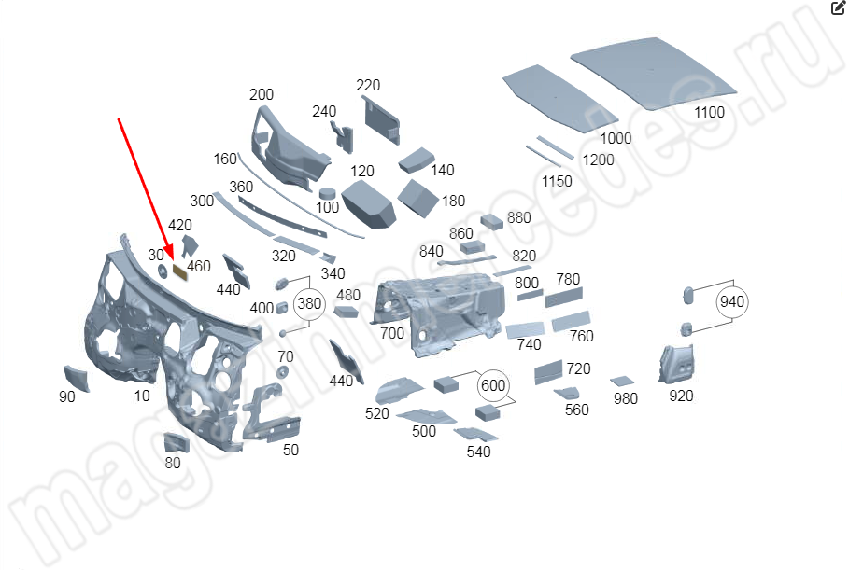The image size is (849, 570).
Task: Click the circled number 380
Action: (308, 304)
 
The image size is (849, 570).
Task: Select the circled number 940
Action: (732, 301)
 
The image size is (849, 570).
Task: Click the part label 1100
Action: (709, 113)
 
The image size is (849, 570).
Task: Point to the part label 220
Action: (368, 86)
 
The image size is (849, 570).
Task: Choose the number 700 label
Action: (392, 333)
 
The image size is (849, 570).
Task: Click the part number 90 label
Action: (67, 397)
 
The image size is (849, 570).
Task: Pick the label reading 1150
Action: (557, 181)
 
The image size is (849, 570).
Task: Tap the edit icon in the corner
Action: (838, 7)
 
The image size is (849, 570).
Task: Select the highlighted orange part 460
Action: (180, 269)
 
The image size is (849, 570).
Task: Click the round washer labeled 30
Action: (160, 271)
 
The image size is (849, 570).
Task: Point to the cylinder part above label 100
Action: (327, 193)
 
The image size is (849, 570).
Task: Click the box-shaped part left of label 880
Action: (492, 222)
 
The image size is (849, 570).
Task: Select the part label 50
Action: (291, 451)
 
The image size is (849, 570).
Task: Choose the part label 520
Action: (377, 413)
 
